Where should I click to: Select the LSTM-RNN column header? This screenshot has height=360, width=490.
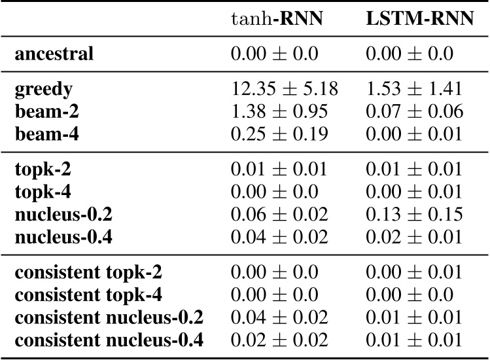tap(419, 20)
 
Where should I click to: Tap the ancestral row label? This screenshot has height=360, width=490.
tap(54, 54)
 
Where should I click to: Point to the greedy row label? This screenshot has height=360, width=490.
tap(44, 89)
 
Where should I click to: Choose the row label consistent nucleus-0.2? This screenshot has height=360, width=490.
tap(109, 318)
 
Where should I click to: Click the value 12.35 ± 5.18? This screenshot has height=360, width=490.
tap(285, 89)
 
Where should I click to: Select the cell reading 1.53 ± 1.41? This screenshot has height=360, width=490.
tap(415, 89)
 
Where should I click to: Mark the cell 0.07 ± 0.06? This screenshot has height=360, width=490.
tap(415, 112)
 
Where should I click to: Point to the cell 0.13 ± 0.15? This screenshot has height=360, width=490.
tap(415, 215)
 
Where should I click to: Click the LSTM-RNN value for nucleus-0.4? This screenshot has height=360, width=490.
tap(415, 238)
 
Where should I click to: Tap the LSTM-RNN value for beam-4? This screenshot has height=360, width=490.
tap(415, 135)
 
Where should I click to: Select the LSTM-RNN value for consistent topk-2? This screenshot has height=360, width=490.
tap(415, 272)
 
